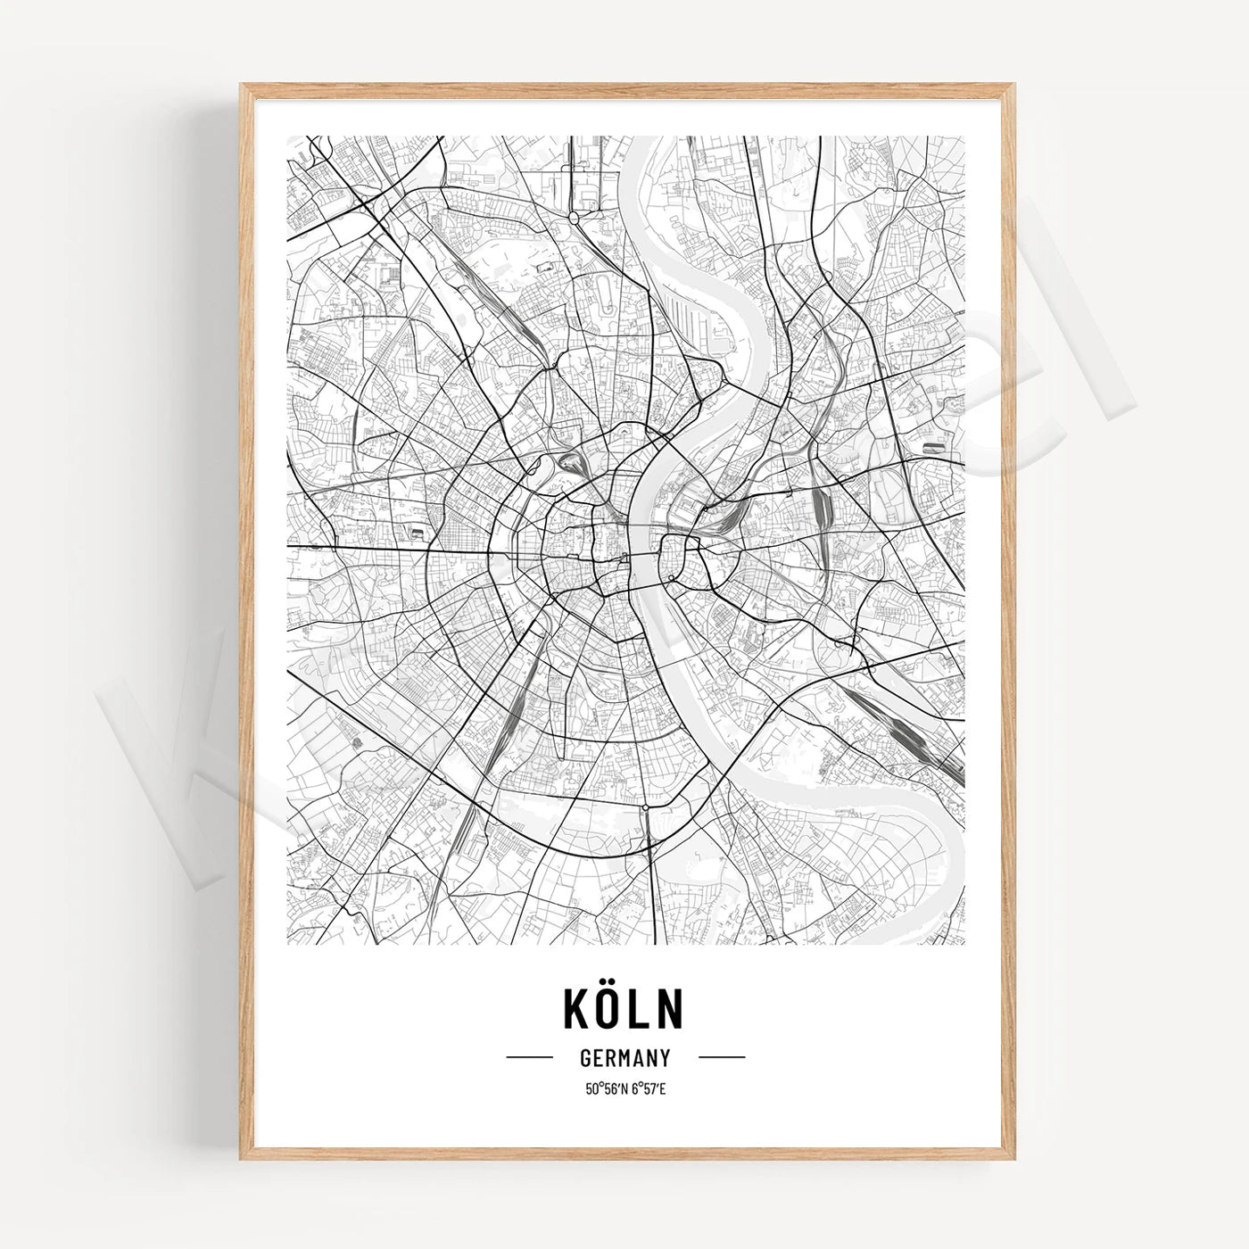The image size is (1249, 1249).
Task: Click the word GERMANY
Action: [624, 1058]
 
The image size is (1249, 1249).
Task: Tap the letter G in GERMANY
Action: [585, 1058]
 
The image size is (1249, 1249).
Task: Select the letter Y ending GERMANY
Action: [665, 1058]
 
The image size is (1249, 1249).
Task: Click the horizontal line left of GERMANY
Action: [530, 1057]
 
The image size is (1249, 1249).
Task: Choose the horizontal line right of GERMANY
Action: [721, 1057]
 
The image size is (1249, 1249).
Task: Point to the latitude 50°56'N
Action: [605, 1088]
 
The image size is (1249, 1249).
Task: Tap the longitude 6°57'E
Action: [646, 1088]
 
